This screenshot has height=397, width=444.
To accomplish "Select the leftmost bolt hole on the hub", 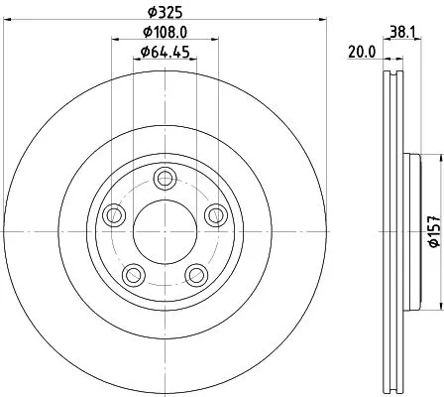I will point(114,214).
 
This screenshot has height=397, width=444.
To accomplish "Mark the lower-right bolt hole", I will point(194,273).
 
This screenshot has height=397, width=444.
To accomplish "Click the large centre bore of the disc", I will point(164,230).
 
